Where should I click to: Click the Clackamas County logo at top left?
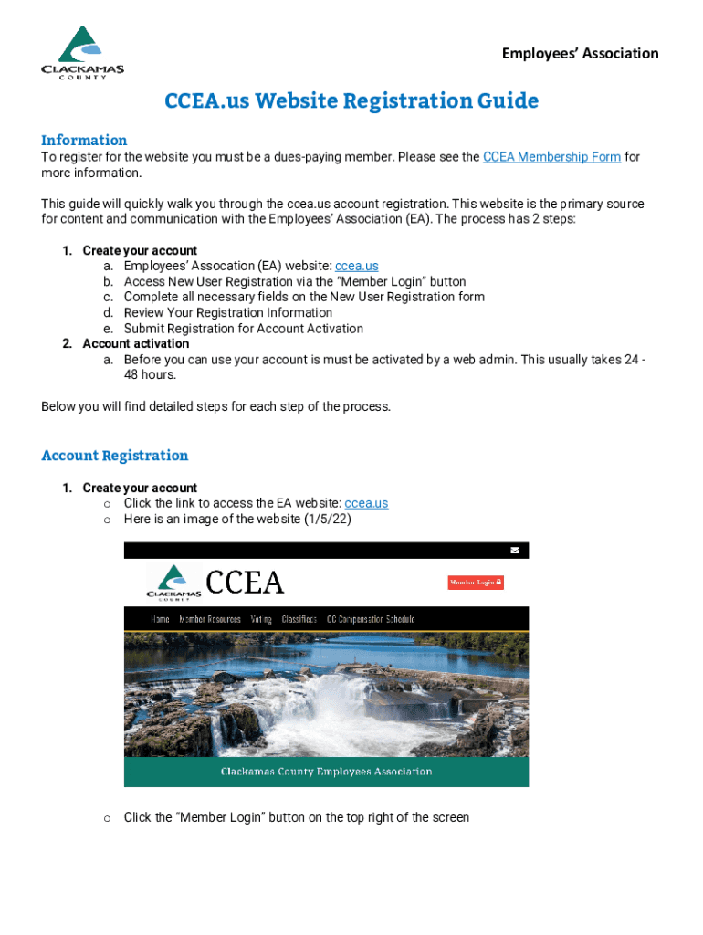pyautogui.click(x=82, y=53)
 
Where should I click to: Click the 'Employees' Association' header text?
pyautogui.click(x=580, y=53)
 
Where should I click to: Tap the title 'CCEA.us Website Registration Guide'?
pyautogui.click(x=351, y=100)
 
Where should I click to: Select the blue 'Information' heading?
pyautogui.click(x=84, y=140)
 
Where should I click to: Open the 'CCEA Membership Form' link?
pyautogui.click(x=551, y=157)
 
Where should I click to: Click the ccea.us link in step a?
pyautogui.click(x=357, y=266)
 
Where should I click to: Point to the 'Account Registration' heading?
pyautogui.click(x=115, y=456)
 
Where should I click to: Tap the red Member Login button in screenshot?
pyautogui.click(x=475, y=582)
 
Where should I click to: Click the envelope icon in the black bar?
pyautogui.click(x=515, y=551)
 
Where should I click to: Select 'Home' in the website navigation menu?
pyautogui.click(x=160, y=619)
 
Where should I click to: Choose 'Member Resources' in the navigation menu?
pyautogui.click(x=210, y=619)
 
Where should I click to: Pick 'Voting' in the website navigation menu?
pyautogui.click(x=261, y=619)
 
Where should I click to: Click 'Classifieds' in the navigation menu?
pyautogui.click(x=299, y=619)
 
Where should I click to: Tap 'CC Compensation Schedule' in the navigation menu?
pyautogui.click(x=371, y=619)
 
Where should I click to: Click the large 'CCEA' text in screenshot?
pyautogui.click(x=245, y=583)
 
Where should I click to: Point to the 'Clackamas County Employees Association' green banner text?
pyautogui.click(x=326, y=772)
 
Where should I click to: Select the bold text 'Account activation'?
pyautogui.click(x=136, y=343)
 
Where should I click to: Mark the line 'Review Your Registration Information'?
pyautogui.click(x=228, y=312)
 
